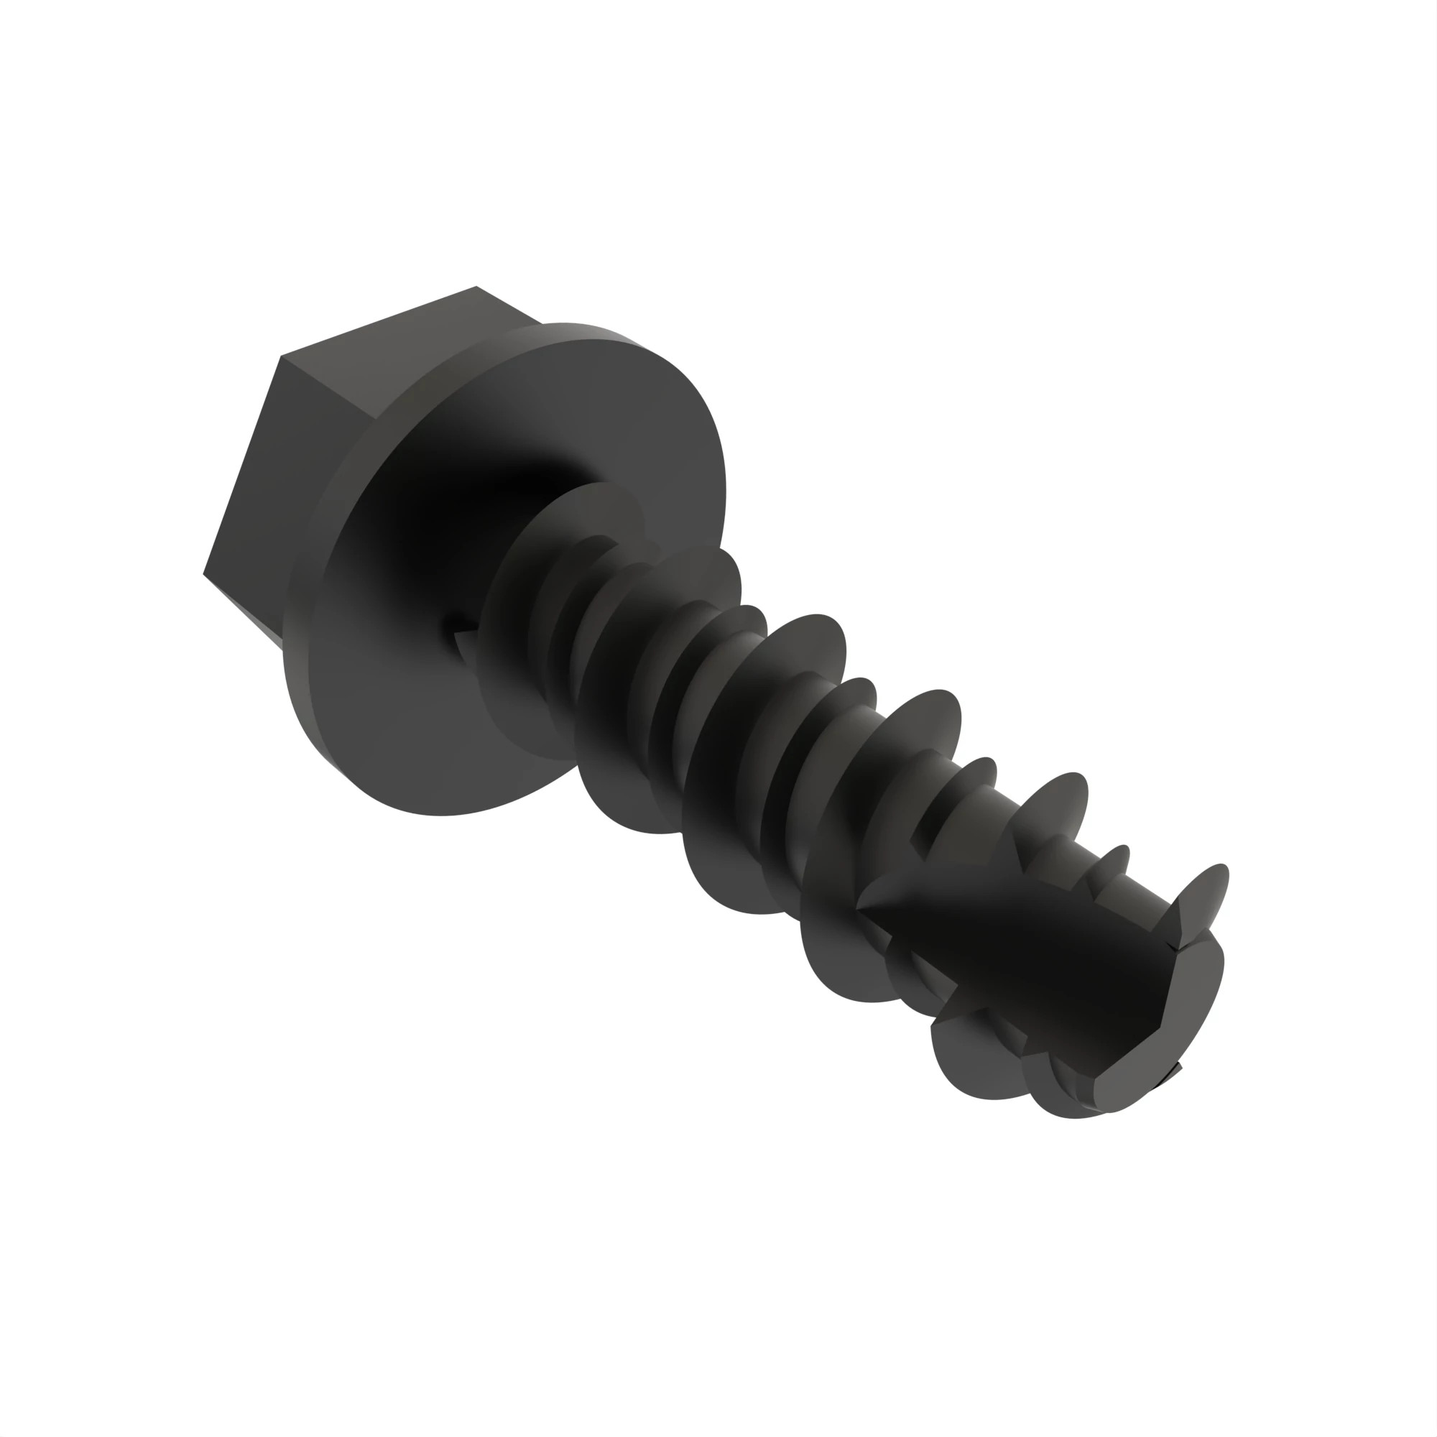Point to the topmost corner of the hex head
click(x=476, y=287)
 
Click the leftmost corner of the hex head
click(x=204, y=573)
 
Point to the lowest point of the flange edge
click(x=439, y=815)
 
